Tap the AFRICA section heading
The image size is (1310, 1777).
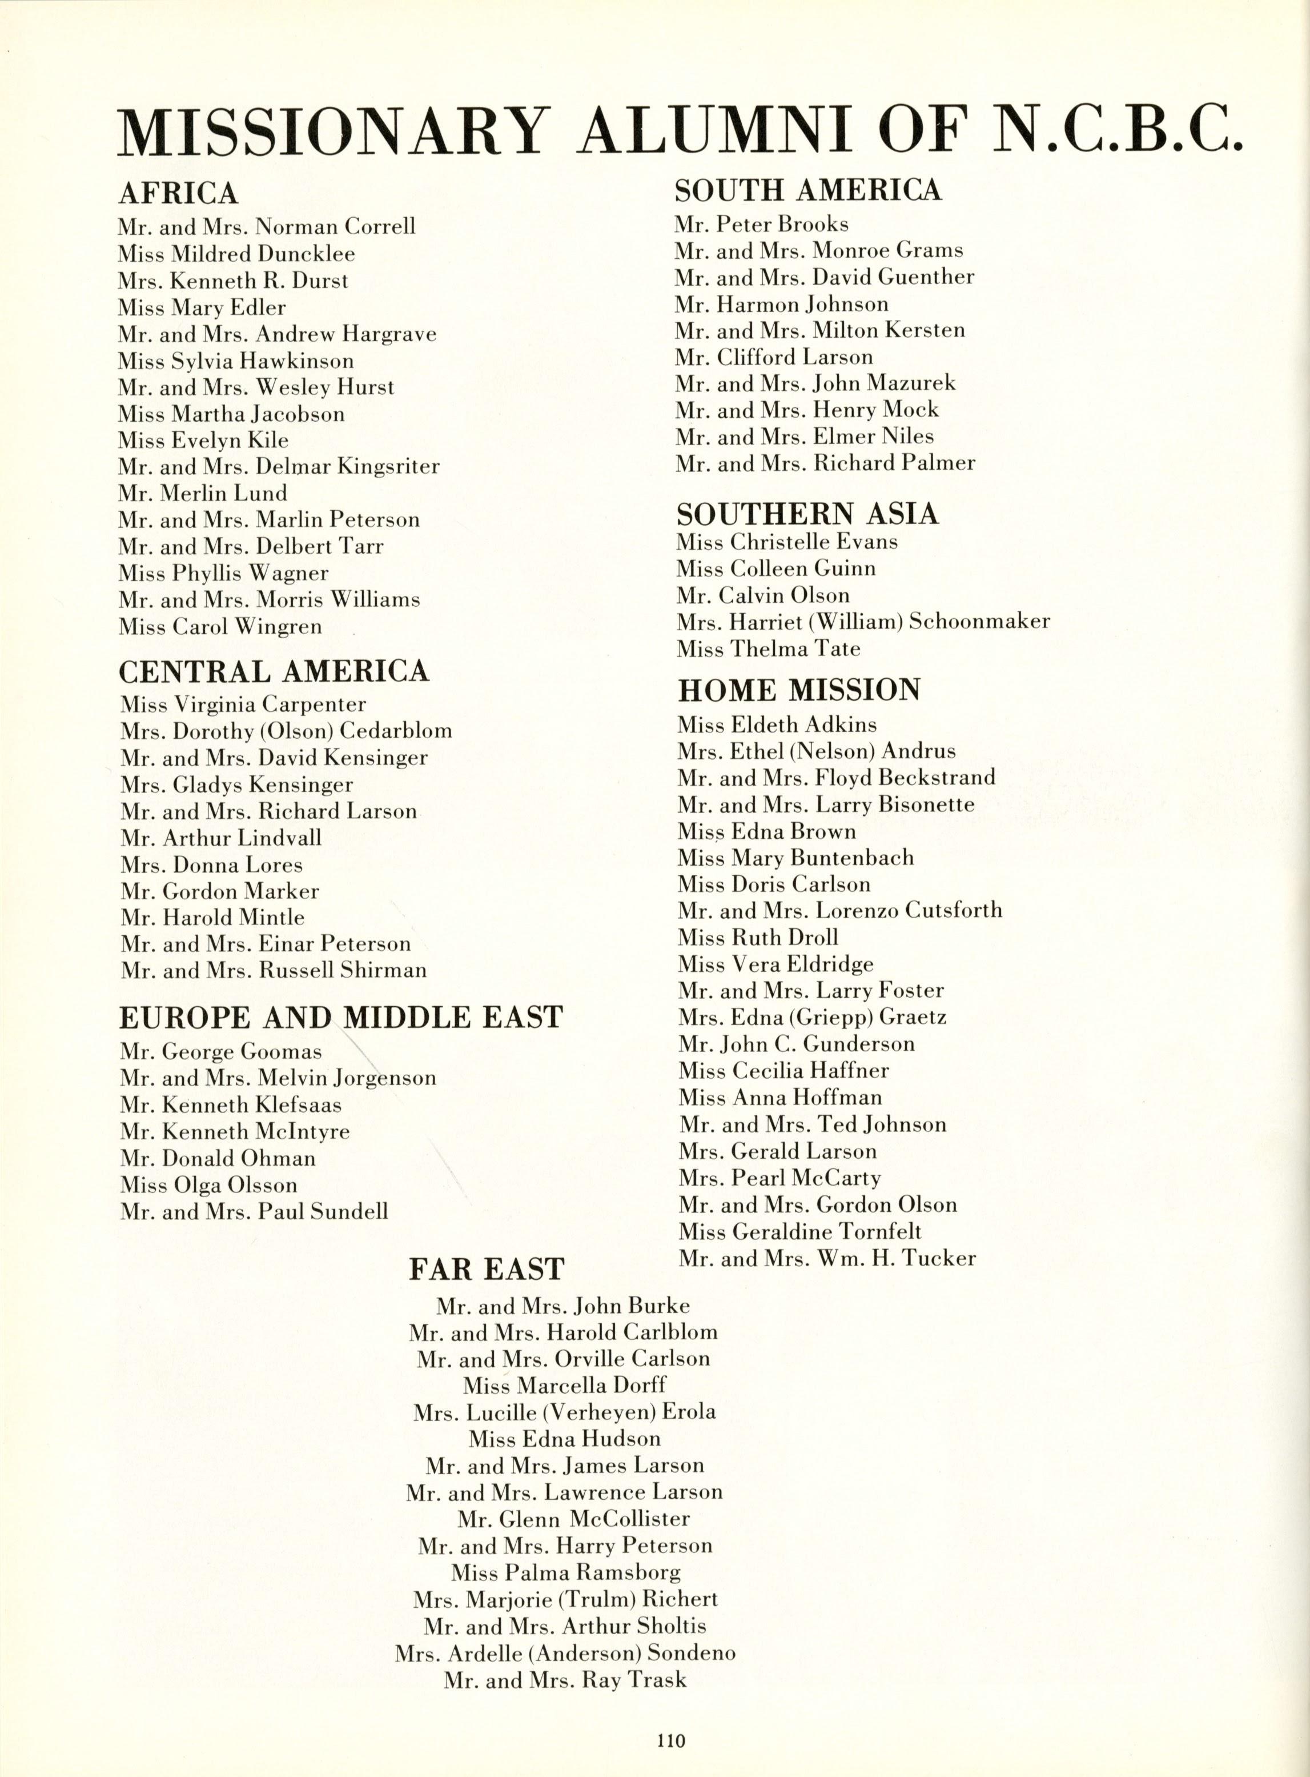[x=178, y=193]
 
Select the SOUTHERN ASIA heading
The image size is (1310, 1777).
[x=807, y=514]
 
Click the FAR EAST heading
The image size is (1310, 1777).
[x=486, y=1269]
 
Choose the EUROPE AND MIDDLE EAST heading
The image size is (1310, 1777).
[x=341, y=1017]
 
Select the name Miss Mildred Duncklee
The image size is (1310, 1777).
[x=236, y=254]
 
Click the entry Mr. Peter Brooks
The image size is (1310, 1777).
[x=761, y=225]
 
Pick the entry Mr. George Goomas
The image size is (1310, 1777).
[x=221, y=1052]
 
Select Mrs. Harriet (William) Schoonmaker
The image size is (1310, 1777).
[x=863, y=622]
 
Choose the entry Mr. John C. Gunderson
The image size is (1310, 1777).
[x=796, y=1044]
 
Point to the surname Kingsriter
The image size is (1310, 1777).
[x=388, y=466]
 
